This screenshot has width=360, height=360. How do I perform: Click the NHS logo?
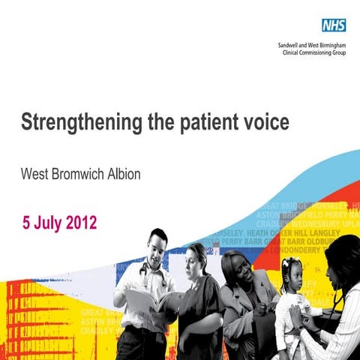[334, 25]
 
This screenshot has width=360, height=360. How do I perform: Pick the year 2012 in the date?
[79, 223]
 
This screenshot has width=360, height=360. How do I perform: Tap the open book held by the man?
[154, 300]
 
